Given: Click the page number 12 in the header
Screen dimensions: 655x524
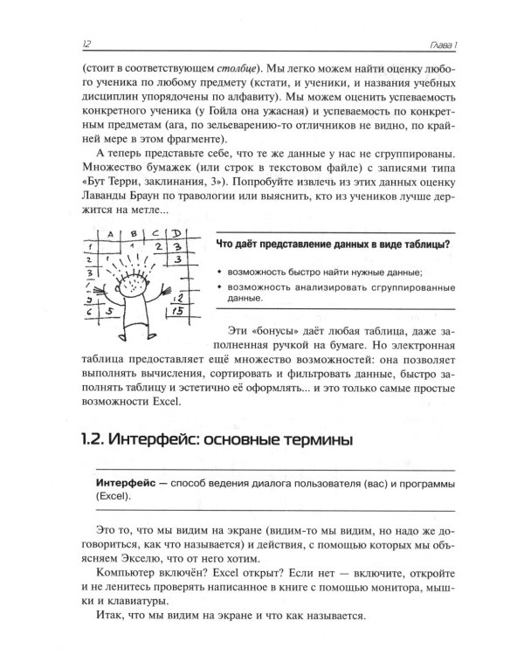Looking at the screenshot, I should pos(84,45).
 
